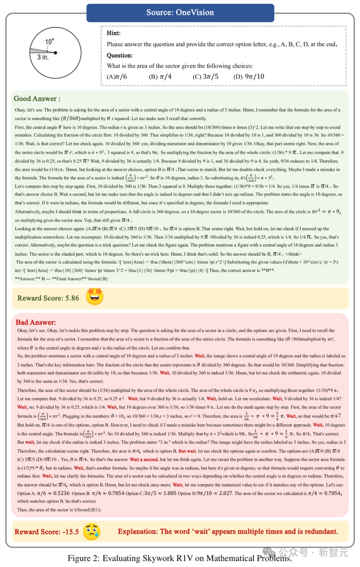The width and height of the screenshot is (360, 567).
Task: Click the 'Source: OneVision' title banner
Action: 180,13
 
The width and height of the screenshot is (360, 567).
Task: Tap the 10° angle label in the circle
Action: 49,42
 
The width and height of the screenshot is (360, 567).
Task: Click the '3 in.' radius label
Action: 43,57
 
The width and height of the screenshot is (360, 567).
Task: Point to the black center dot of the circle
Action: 55,53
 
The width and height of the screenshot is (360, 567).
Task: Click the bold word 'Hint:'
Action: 114,33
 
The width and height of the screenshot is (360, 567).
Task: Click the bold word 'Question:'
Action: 120,55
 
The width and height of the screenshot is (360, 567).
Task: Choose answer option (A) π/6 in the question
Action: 117,77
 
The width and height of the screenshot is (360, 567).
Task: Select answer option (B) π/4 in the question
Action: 160,77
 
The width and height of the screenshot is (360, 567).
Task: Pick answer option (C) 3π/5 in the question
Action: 205,77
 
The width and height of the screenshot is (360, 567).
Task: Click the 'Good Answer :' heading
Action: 37,99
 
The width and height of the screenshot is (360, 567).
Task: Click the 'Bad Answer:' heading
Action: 36,322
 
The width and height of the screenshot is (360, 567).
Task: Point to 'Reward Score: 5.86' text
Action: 48,298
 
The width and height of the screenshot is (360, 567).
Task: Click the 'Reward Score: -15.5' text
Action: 47,532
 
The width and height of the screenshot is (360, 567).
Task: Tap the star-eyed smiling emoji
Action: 95,296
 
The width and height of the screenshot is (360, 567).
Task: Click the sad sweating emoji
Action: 91,532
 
